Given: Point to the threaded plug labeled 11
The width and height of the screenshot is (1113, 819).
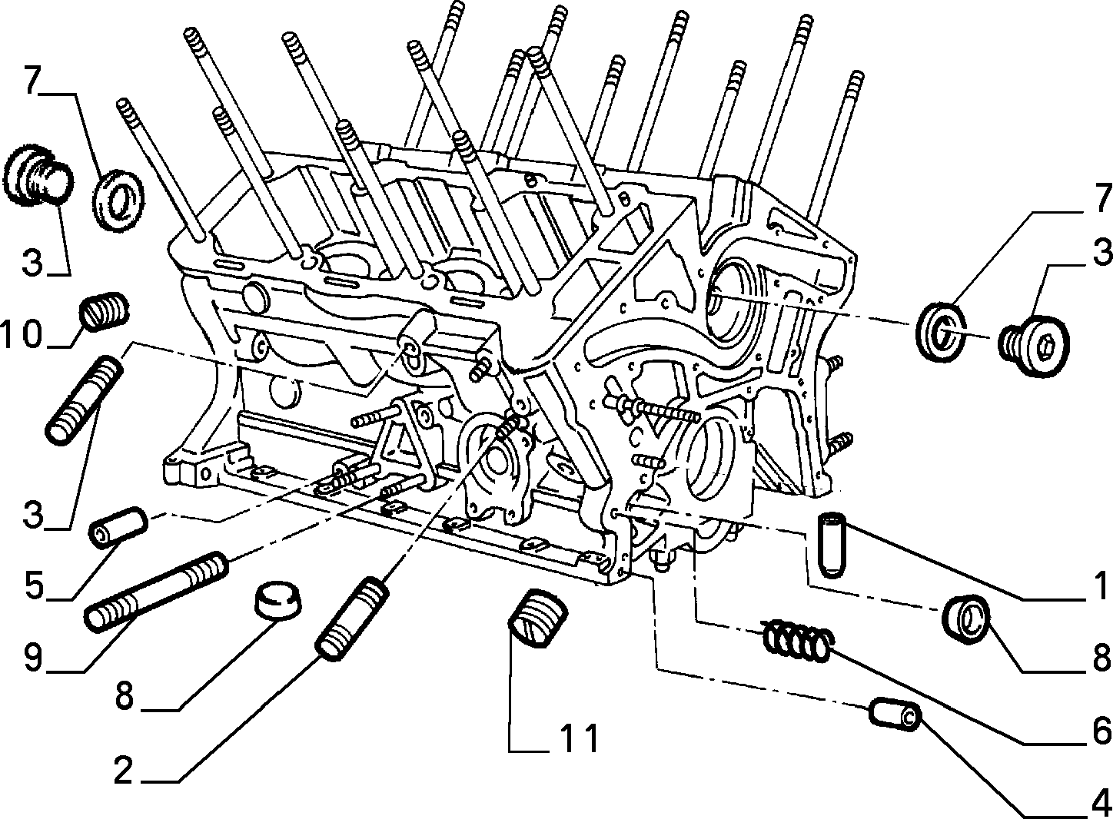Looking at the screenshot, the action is click(x=537, y=618).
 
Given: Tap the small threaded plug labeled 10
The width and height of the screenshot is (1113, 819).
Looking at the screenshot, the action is click(x=105, y=310).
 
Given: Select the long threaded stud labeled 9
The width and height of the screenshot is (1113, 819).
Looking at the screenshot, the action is click(x=157, y=591).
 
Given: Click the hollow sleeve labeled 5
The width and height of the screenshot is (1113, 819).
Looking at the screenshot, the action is click(x=118, y=526).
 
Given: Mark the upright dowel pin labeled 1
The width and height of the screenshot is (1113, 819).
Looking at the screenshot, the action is click(x=831, y=545).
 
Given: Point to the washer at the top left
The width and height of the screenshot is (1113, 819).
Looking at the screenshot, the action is click(x=118, y=201).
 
